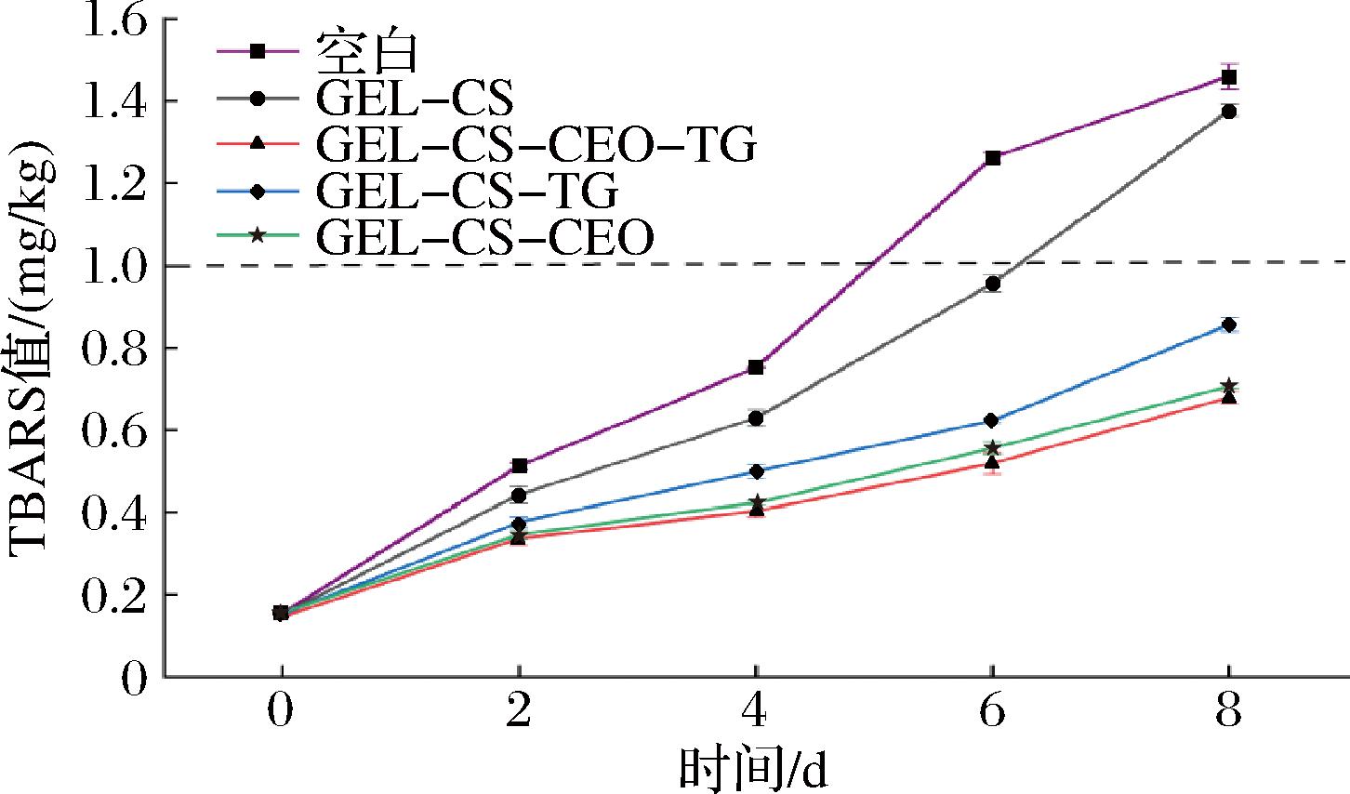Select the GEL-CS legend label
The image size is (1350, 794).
tap(415, 98)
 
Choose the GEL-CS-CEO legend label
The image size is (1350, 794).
tap(484, 237)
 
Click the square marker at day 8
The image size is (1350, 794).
tap(1229, 77)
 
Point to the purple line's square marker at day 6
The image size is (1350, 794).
tap(993, 158)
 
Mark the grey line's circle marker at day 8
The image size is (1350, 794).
tap(1229, 112)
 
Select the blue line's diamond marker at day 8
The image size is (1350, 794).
tap(1229, 324)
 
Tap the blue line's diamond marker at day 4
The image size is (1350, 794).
tap(756, 471)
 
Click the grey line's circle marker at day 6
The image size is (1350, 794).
tap(993, 284)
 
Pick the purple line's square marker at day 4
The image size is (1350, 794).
tap(756, 367)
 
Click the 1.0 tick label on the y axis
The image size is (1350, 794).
tap(116, 266)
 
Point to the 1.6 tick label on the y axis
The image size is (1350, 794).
tap(116, 20)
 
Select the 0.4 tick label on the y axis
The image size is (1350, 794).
tap(116, 512)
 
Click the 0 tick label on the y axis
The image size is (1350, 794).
tap(135, 676)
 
